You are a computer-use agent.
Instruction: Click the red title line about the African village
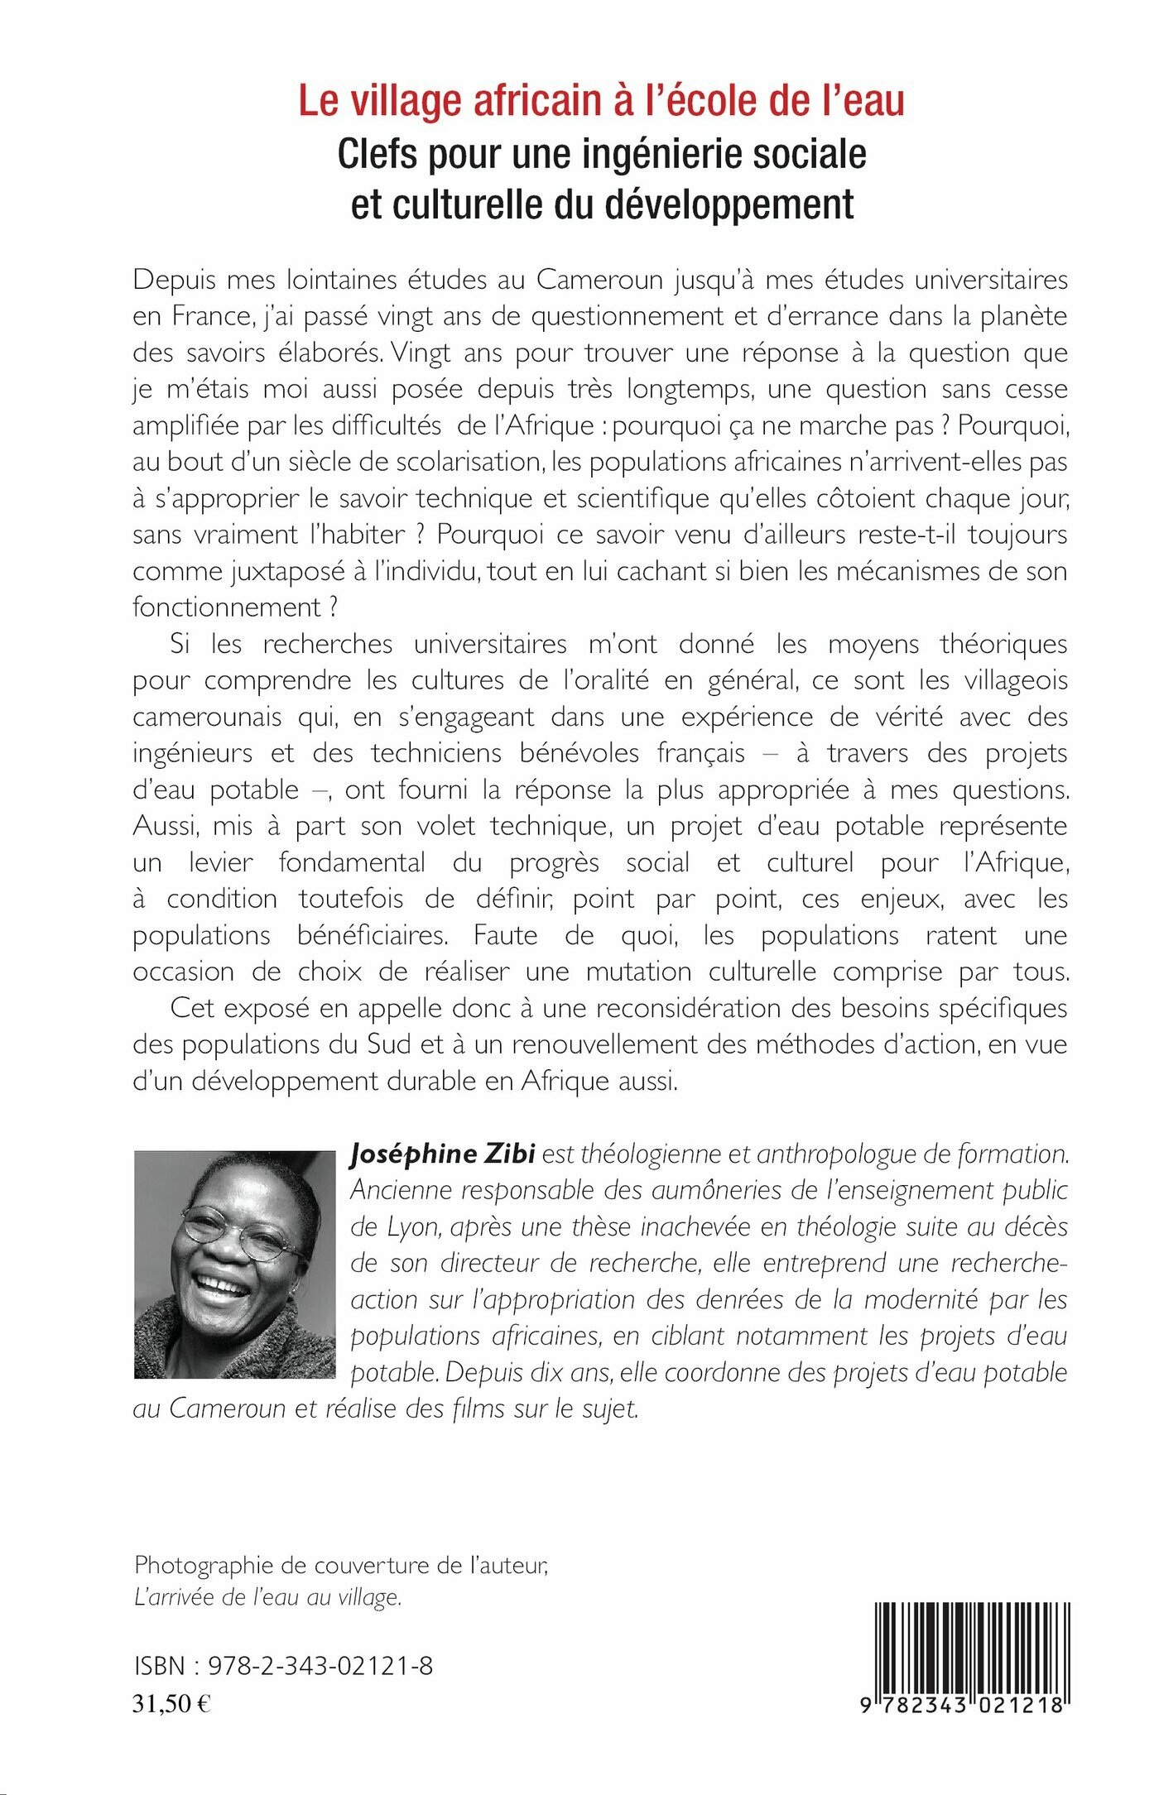coord(601,101)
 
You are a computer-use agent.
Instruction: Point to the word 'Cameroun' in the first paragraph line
coord(600,280)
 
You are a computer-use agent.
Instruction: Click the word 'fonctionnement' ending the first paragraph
coord(226,607)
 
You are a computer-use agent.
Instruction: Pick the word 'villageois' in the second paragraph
coord(1016,680)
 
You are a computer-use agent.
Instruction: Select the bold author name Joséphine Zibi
coord(443,1154)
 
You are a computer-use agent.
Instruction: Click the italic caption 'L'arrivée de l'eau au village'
coord(267,1596)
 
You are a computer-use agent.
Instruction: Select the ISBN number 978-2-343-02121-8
coord(320,1666)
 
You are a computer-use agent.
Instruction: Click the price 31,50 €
coord(171,1703)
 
